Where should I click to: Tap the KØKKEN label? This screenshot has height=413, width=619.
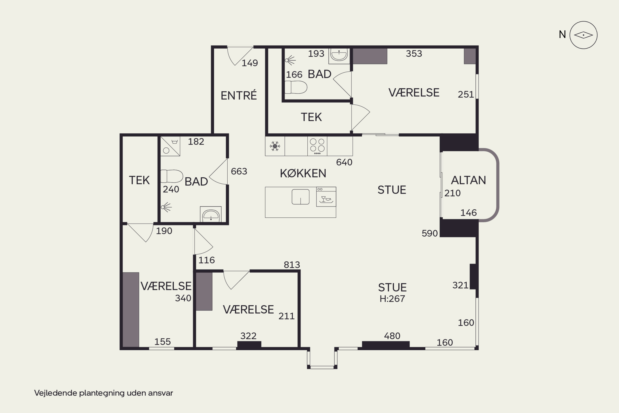[303, 173]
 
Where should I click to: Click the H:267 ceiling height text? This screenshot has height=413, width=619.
[392, 299]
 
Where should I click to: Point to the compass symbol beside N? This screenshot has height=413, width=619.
[583, 35]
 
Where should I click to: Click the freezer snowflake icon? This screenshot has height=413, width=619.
[275, 146]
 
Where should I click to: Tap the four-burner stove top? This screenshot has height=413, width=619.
[317, 146]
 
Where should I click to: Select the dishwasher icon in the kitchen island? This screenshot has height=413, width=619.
[326, 197]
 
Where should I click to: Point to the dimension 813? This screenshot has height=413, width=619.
[292, 265]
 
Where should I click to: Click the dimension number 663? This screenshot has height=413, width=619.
[239, 171]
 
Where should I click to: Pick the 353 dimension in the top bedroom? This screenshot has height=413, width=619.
[414, 54]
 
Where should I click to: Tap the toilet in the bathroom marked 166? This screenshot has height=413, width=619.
[296, 87]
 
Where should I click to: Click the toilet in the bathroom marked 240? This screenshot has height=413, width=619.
[172, 176]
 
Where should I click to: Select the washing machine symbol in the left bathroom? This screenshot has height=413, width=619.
[170, 146]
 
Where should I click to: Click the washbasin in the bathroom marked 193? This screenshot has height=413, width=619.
[339, 55]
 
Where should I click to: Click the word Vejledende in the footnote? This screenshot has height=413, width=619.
[56, 393]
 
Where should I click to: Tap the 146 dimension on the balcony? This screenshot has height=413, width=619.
[468, 213]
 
